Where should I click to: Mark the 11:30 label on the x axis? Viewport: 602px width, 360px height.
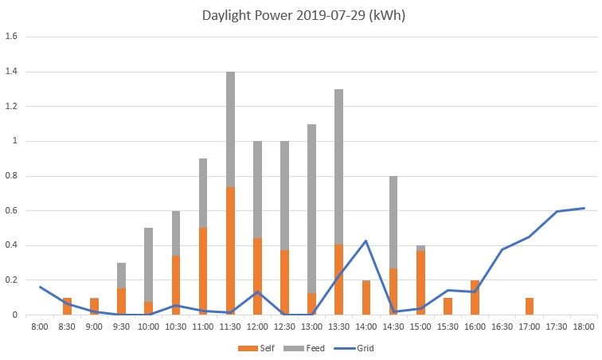coord(230,326)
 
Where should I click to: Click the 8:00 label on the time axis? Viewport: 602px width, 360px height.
coord(40,326)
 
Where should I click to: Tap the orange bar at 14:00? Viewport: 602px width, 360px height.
coord(366,298)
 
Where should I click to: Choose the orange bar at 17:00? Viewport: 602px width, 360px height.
coord(530,307)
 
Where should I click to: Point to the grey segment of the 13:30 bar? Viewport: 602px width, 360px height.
coord(339,167)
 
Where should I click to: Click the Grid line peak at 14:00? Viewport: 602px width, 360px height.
coord(366,241)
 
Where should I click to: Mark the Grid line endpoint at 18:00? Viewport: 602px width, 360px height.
coord(584,208)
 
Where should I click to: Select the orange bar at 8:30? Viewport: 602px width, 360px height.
coord(67,307)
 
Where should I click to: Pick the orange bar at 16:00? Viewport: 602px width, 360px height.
coord(475,298)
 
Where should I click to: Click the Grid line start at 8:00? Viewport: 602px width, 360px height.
coord(40,287)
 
